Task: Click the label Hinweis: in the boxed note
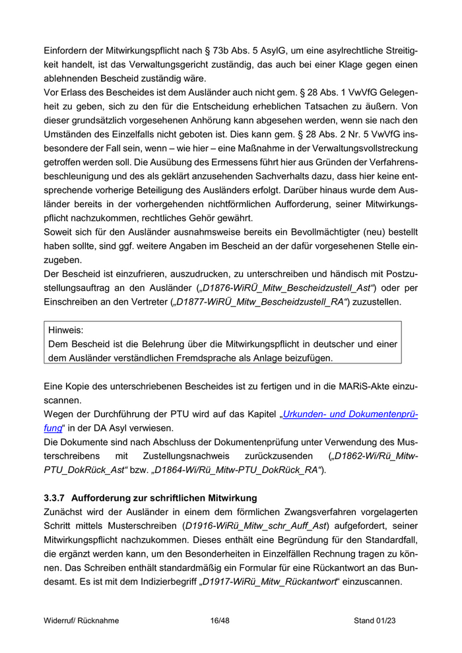pos(71,329)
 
